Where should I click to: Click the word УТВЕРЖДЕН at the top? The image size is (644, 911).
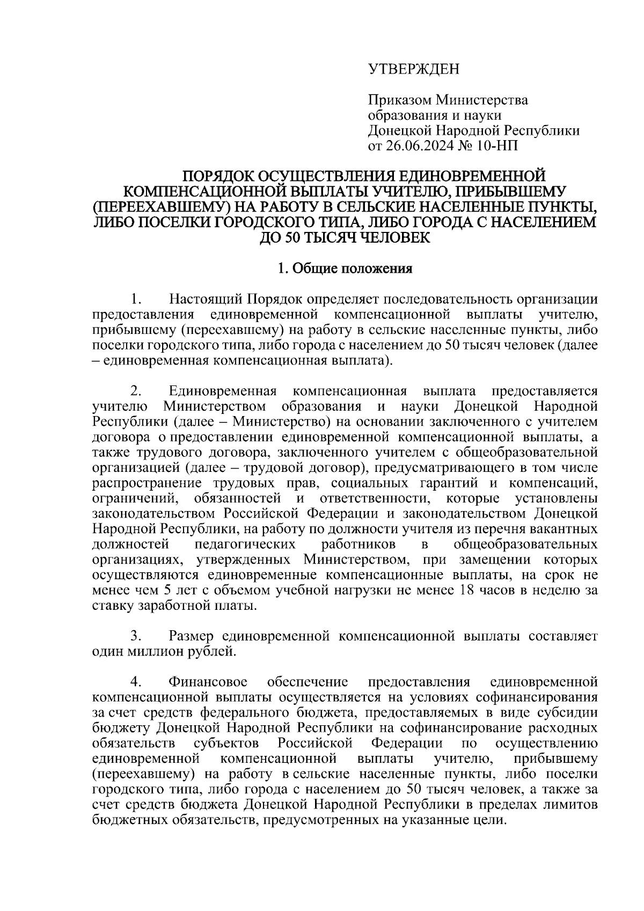point(414,69)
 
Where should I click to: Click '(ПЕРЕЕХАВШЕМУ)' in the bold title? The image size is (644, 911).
point(151,207)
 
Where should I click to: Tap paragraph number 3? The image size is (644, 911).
point(136,637)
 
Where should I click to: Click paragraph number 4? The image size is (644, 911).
point(136,682)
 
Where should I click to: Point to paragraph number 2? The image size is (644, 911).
point(136,390)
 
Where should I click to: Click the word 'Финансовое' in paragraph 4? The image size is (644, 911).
point(208,682)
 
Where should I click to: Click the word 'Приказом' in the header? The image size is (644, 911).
point(399,100)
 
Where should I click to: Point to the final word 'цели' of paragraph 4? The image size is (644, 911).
point(489,821)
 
